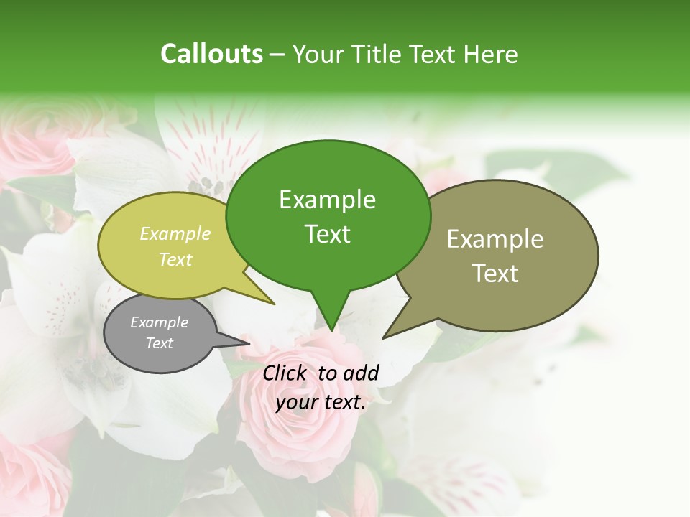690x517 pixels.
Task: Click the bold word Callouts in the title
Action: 211,55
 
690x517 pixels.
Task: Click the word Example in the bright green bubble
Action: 327,200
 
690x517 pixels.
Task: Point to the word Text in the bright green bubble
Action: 327,234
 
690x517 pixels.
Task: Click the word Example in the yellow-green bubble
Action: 175,233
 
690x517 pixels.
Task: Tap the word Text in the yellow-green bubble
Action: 175,259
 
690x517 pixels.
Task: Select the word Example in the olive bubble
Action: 495,239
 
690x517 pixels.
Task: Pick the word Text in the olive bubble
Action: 495,274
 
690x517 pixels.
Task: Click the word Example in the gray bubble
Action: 159,322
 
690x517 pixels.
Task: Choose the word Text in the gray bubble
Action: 159,343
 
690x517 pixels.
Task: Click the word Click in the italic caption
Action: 286,373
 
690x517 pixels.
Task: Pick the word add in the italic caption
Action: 361,373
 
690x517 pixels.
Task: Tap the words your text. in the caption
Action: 321,403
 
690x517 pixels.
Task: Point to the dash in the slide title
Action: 277,55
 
